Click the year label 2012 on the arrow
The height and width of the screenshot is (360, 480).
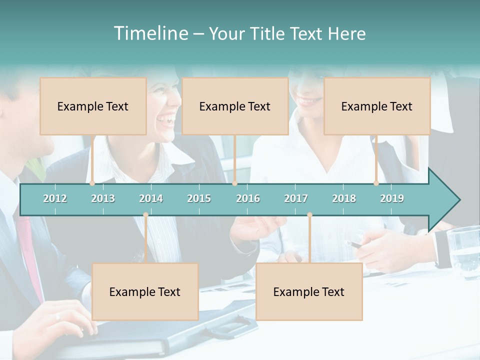tap(55, 198)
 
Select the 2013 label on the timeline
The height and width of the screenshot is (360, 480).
tap(103, 198)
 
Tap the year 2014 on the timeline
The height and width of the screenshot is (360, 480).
tap(151, 198)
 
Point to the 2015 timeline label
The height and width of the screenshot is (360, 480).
tap(199, 198)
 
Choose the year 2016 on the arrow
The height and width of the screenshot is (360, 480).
tap(248, 198)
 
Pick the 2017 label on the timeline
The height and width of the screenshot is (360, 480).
tap(296, 198)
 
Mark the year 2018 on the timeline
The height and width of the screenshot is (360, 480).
tap(344, 198)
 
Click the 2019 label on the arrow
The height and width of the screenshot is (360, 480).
tap(392, 198)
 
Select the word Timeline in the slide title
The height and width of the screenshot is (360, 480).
tap(150, 33)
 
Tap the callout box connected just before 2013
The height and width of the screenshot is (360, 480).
tap(93, 106)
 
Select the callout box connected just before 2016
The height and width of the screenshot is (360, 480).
tap(235, 106)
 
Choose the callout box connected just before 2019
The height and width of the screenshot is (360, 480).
tap(377, 106)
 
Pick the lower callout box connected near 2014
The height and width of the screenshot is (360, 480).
tap(145, 291)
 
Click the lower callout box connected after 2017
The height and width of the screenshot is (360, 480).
tap(309, 291)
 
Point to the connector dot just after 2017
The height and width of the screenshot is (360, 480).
tap(309, 215)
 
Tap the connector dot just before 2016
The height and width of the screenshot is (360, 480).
tap(234, 183)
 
